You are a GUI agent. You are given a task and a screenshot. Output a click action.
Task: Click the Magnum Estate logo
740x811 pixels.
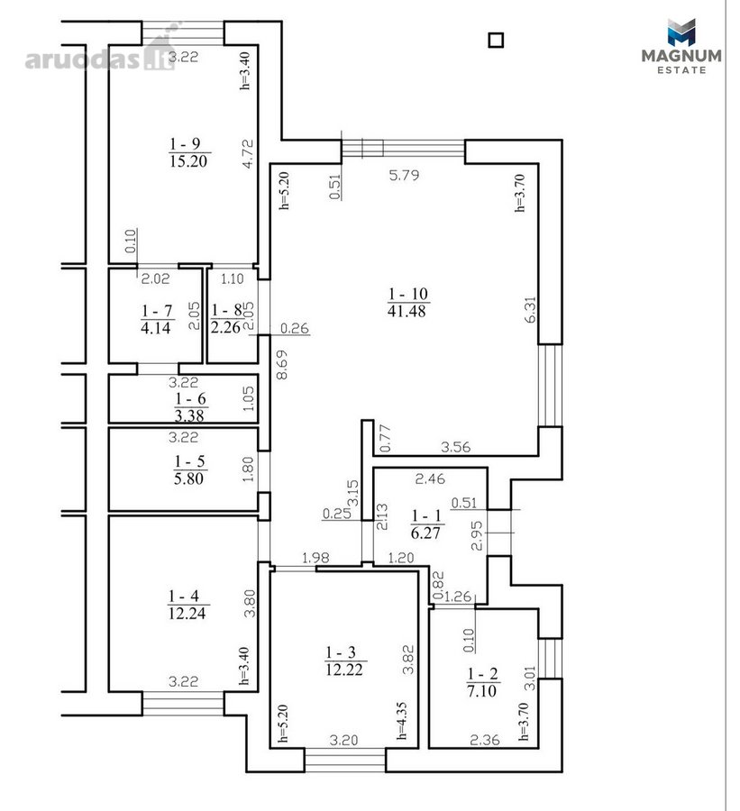pos(681,46)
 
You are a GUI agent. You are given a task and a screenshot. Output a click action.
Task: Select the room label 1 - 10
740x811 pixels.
pos(407,294)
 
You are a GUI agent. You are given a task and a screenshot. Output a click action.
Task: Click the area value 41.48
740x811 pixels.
pos(407,310)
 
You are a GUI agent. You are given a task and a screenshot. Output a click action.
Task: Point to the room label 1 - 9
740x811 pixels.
pos(185,144)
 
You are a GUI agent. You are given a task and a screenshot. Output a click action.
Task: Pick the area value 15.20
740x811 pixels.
pos(188,161)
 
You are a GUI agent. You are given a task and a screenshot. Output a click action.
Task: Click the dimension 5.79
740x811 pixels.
pos(404,176)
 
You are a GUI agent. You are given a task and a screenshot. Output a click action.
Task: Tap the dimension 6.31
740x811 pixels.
pos(531,309)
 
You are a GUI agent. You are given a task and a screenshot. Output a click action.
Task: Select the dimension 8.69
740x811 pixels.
pos(282,365)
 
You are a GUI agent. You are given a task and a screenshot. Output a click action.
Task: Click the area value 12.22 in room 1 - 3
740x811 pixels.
pos(344,670)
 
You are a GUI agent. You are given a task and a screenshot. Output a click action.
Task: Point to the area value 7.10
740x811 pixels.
pos(482,690)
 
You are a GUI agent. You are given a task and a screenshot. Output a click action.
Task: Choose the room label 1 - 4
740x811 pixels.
pos(183,597)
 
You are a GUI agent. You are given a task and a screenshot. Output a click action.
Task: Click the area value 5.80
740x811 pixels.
pos(188,478)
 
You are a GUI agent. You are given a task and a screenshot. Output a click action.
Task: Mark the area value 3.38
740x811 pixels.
pos(189,415)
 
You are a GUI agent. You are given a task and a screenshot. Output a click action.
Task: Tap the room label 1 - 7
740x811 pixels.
pos(156,311)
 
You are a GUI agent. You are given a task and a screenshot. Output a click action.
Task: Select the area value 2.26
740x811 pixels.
pos(225,327)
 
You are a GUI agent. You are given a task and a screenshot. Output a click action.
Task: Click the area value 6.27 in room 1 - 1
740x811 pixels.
pos(425,533)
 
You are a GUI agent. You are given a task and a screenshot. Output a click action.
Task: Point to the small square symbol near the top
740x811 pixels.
pos(497,41)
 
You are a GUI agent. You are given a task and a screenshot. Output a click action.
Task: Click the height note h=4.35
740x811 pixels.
pos(402,721)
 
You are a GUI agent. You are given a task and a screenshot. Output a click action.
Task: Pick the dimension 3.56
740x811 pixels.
pos(455,447)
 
